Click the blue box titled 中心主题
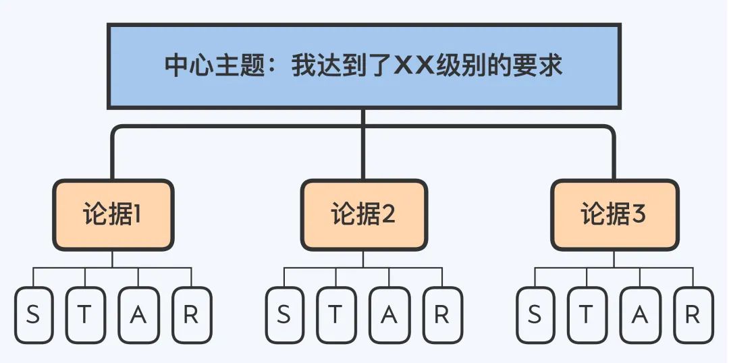(x=364, y=66)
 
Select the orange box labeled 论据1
(x=113, y=215)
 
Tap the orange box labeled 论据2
(x=364, y=215)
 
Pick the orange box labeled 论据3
(x=614, y=215)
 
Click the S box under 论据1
(x=33, y=315)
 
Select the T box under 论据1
(x=86, y=315)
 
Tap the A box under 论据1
(x=138, y=315)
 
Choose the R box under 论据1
(x=191, y=315)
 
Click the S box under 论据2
(x=284, y=315)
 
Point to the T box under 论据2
(x=337, y=315)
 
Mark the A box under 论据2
(x=389, y=315)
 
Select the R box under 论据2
(x=442, y=315)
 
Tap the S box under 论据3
(x=535, y=315)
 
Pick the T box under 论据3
(x=587, y=315)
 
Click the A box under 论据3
(x=640, y=315)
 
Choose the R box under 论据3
(x=693, y=315)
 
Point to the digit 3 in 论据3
(x=639, y=215)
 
